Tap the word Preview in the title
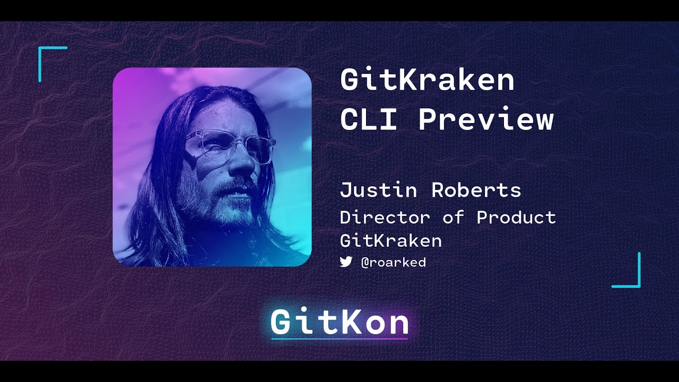tap(485, 120)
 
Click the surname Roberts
tap(476, 190)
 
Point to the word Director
tap(385, 217)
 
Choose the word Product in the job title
tap(516, 217)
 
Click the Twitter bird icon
tap(346, 262)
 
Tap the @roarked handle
tap(393, 262)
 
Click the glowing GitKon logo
tap(339, 322)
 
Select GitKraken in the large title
tap(427, 80)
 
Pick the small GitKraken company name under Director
tap(390, 240)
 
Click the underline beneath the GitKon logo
tap(339, 338)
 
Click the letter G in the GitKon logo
tap(282, 322)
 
